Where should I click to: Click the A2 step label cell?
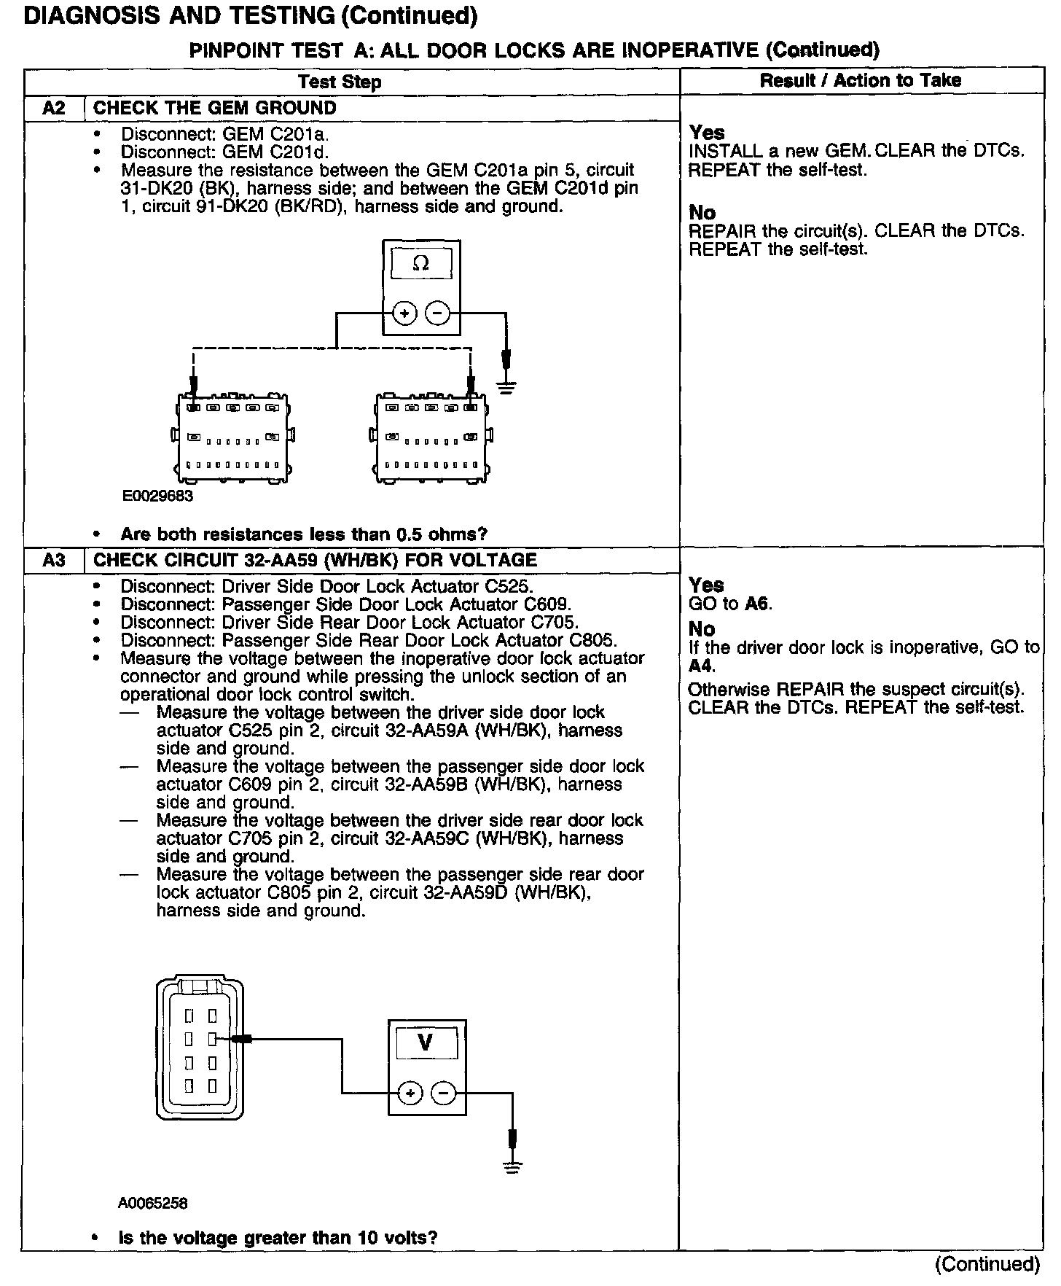click(x=54, y=108)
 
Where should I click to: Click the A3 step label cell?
click(x=54, y=560)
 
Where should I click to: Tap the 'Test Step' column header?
click(x=340, y=82)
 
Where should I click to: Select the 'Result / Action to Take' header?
click(x=860, y=80)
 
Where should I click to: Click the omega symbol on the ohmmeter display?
click(x=421, y=264)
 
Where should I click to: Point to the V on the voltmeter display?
click(x=426, y=1043)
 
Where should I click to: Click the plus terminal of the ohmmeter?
click(x=405, y=314)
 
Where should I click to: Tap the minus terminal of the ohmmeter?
click(x=437, y=314)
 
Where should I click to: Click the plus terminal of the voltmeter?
click(x=410, y=1093)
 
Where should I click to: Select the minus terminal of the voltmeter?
click(x=443, y=1093)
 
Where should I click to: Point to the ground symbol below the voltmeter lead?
click(x=513, y=1166)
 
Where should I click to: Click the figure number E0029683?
click(x=157, y=496)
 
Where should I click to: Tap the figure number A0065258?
click(x=153, y=1203)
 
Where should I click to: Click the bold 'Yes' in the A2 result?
click(x=707, y=133)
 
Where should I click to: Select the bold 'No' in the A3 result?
click(x=702, y=629)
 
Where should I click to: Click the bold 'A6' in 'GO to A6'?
click(x=757, y=604)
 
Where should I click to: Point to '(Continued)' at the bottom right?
click(x=987, y=1263)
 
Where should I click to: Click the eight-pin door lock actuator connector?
click(x=200, y=1050)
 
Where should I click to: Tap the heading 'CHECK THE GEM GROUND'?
click(x=215, y=108)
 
